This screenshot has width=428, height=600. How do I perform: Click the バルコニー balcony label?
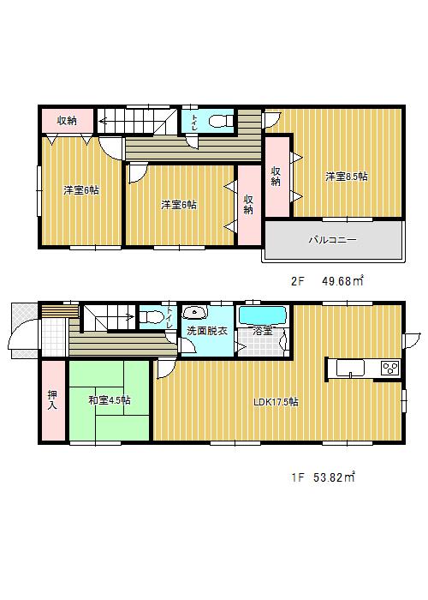pos(332,240)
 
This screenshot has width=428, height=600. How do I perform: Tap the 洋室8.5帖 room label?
pos(347,177)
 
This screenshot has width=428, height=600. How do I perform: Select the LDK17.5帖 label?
pos(276,402)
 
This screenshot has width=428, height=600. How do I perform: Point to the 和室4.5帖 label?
pos(110,400)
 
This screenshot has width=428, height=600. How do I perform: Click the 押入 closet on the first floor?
pos(53,400)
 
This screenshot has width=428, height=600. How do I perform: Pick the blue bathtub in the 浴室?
pos(262,315)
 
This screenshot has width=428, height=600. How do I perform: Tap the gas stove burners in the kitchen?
pos(390,368)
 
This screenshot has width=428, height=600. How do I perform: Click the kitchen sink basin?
pos(350,369)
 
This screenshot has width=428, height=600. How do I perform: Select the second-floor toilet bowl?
pos(221,121)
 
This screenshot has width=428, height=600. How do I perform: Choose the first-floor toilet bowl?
pos(151,317)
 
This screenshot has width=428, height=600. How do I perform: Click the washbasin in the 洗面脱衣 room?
pos(195,313)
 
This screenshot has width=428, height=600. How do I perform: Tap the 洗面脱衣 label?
pos(207,331)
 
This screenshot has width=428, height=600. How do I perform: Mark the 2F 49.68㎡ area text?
pos(327,281)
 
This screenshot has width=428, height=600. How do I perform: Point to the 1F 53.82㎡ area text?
pos(324,477)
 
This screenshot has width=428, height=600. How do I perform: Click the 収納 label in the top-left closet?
pos(68,121)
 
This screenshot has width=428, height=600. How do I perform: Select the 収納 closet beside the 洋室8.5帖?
pos(277,177)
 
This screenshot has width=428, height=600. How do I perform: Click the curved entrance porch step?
pos(23,336)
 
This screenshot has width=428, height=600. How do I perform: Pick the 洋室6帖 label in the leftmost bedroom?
pos(81,190)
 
